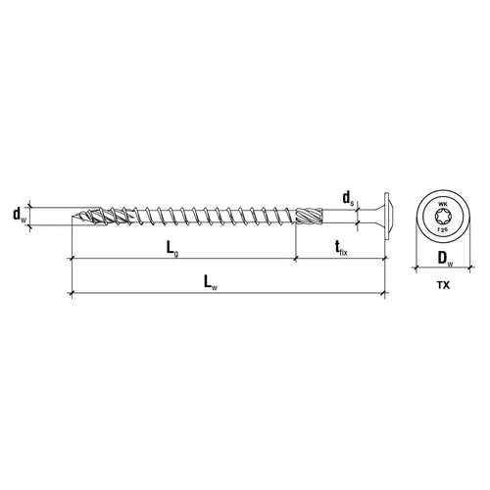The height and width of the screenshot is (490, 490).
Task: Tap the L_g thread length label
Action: (172, 249)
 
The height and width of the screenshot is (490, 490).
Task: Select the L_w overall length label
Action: (210, 282)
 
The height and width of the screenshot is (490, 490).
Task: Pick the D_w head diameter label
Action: (444, 260)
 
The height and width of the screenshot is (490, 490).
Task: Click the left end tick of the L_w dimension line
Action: (72, 292)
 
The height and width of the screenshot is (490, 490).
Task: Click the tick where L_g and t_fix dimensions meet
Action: (295, 260)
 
